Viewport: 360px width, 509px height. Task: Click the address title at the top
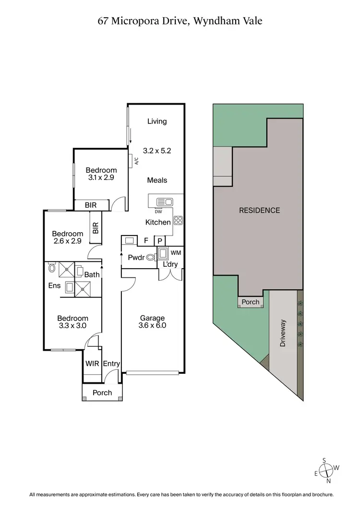pos(180,21)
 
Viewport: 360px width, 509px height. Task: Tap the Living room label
pos(157,121)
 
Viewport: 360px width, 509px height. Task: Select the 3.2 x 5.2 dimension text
pos(157,150)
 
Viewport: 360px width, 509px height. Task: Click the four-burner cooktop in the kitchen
pos(178,221)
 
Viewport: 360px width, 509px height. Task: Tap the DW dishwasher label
pos(158,212)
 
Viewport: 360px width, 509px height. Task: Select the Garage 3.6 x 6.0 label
pos(152,321)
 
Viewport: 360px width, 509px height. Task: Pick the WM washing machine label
pos(176,252)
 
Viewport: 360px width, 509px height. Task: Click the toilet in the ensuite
pos(51,270)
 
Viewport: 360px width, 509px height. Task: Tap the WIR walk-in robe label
pos(92,364)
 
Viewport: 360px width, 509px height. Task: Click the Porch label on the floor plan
pos(102,392)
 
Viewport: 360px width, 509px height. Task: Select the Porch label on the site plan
pos(251,302)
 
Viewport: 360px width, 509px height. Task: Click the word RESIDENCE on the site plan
pos(259,210)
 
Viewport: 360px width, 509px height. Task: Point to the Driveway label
pos(283,333)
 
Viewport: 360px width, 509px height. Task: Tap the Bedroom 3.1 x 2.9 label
pos(101,174)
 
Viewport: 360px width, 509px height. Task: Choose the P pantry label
pos(159,241)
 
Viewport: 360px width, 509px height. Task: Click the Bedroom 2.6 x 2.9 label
pos(68,237)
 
